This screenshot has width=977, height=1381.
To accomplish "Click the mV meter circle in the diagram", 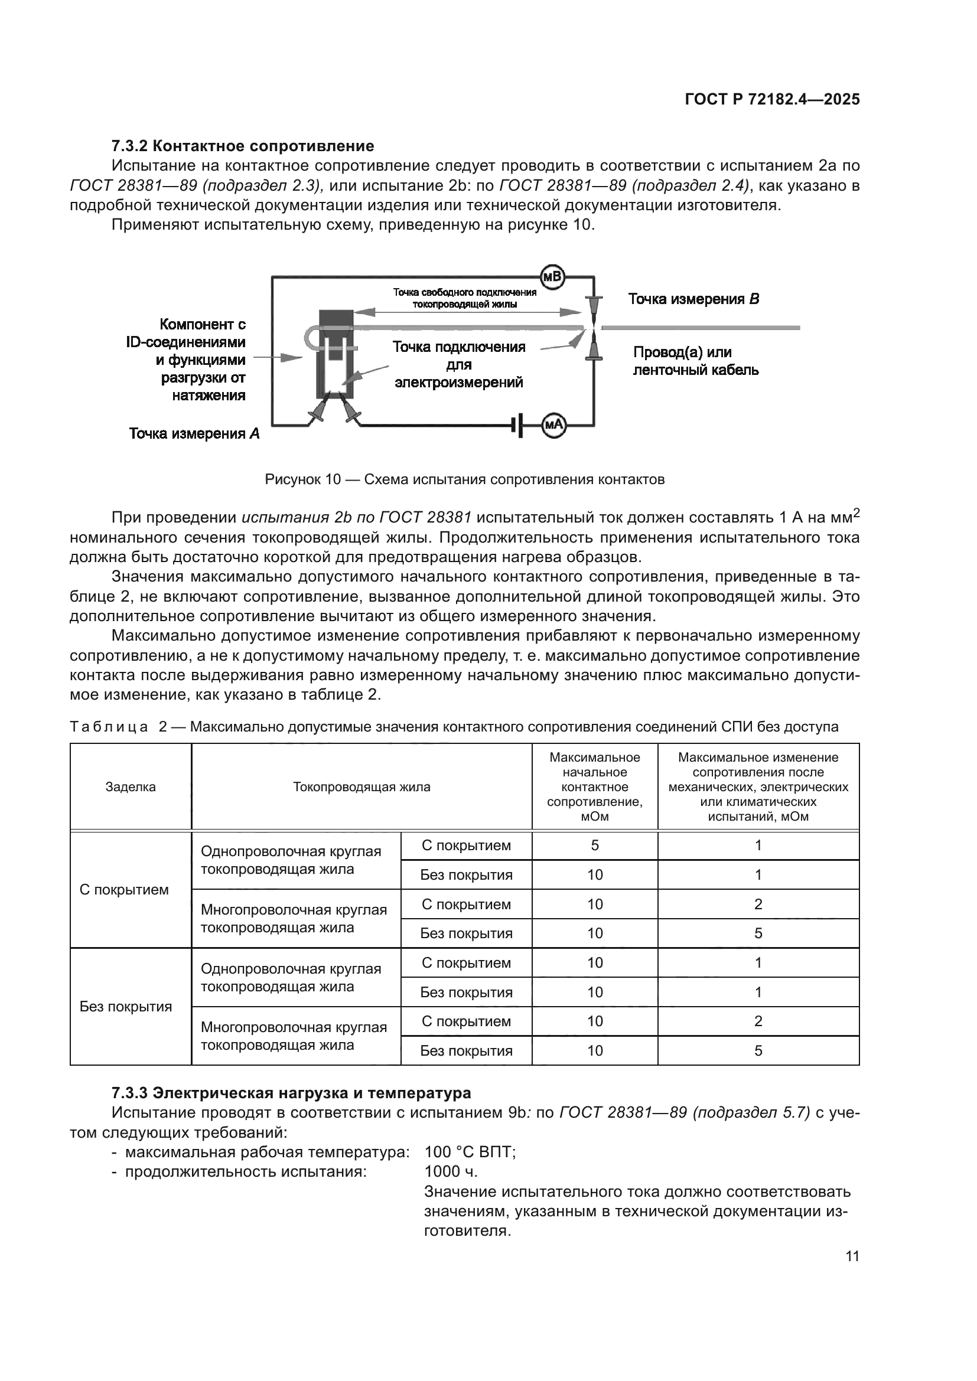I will click(x=552, y=277).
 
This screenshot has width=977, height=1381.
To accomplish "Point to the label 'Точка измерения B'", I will click(x=693, y=299).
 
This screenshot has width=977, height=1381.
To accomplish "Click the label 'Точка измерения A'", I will click(x=194, y=434).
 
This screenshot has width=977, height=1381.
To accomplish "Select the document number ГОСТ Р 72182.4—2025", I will click(x=772, y=100).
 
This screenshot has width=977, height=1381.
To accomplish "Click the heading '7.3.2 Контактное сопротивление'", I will click(x=242, y=146).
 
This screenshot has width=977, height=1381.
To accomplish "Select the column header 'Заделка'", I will click(x=131, y=786).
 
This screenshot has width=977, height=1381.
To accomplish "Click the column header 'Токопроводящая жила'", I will click(x=362, y=786).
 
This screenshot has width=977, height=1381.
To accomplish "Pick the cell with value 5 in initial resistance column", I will click(x=594, y=845).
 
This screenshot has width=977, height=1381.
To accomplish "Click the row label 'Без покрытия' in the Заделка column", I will click(x=126, y=1006).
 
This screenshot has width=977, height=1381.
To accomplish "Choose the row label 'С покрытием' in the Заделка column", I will click(x=124, y=890).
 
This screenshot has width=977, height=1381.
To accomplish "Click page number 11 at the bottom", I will click(x=852, y=1256).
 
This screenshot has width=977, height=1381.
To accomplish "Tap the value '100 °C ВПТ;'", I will click(x=470, y=1152).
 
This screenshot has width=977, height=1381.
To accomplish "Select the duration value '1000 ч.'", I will click(x=451, y=1171).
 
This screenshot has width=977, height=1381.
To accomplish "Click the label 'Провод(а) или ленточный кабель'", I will click(x=695, y=361).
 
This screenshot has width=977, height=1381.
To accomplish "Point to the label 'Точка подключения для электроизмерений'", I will click(x=458, y=364).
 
